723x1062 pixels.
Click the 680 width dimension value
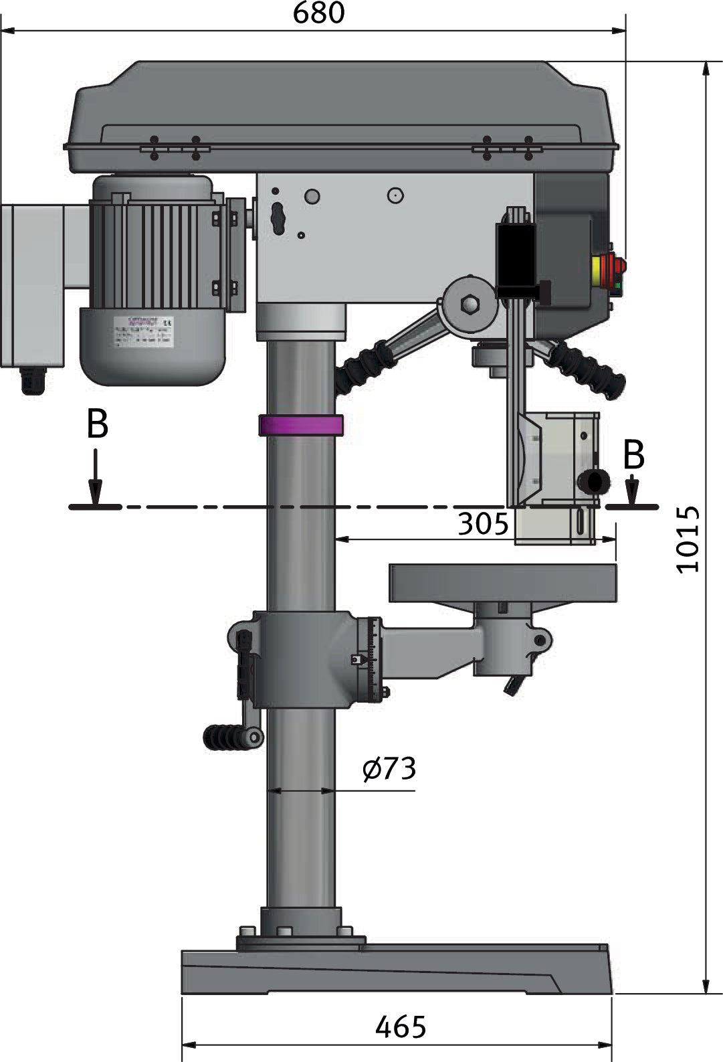319,13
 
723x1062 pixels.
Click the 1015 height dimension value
688,539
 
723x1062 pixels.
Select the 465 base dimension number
401,1027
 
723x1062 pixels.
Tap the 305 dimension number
483,523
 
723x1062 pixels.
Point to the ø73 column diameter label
389,769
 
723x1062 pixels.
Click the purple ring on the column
301,425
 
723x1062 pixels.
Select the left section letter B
98,424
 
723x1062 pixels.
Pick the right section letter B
633,455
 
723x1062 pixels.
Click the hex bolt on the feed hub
471,304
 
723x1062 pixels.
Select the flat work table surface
502,583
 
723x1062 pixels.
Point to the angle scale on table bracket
373,660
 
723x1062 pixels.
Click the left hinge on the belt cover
175,149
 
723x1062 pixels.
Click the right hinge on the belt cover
507,149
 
